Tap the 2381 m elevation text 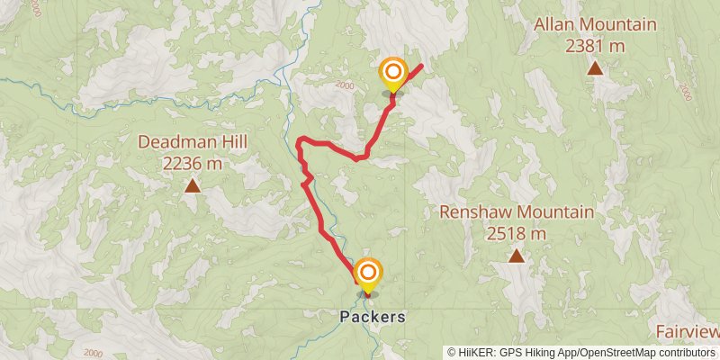(595, 45)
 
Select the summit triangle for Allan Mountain (595, 67)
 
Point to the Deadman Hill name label (192, 142)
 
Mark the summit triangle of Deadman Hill (192, 186)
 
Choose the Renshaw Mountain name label (517, 212)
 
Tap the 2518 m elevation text (517, 233)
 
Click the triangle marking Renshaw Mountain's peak (517, 256)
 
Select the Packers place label (373, 317)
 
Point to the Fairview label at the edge (688, 331)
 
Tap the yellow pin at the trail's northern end (393, 75)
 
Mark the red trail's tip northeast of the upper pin (422, 66)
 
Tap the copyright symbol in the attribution (453, 352)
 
